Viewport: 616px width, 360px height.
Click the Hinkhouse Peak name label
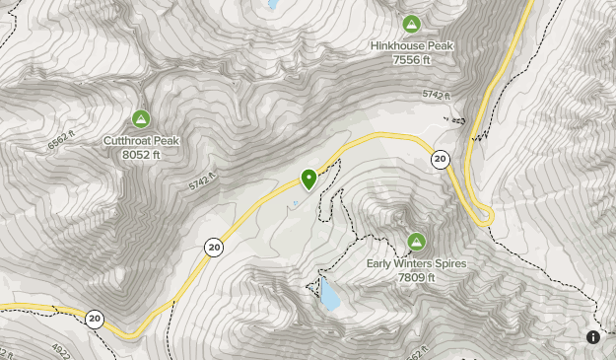click(411, 45)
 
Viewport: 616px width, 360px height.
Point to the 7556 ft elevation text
click(411, 59)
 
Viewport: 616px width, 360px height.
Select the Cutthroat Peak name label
click(141, 140)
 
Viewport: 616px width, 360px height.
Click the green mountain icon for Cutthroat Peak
click(141, 119)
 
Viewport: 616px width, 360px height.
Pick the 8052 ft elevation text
click(141, 154)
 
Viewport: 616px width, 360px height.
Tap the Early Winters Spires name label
click(416, 263)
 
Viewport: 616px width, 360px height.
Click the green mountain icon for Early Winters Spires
click(416, 242)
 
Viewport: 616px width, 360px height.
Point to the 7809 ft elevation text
click(416, 277)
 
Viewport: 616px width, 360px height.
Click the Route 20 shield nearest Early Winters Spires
click(440, 159)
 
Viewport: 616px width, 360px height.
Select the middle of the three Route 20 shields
click(213, 248)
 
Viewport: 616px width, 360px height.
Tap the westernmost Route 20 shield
click(94, 319)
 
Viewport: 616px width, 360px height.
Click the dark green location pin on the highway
click(308, 180)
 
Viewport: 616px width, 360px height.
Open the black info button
click(593, 337)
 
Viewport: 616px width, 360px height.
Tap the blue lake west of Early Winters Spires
click(329, 294)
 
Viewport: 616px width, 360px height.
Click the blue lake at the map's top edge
click(271, 4)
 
